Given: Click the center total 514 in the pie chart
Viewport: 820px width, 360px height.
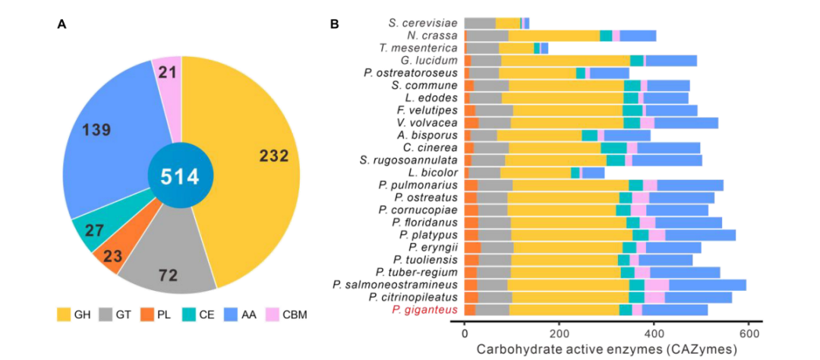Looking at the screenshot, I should pos(178,177).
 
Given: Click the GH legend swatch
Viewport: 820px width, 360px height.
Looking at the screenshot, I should pos(65,313).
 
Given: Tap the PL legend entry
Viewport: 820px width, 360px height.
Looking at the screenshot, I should pos(156,313).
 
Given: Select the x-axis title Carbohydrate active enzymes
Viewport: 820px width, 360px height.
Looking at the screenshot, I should pos(607,349).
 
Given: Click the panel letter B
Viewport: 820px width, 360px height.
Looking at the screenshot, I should pos(334,24).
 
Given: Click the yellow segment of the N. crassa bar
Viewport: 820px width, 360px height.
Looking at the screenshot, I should pos(553,35).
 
